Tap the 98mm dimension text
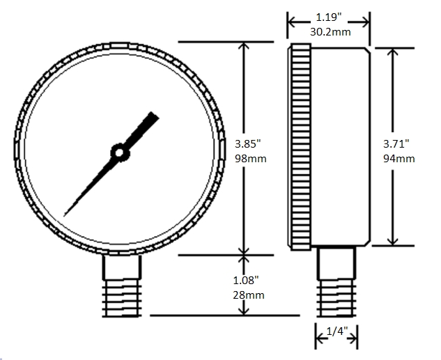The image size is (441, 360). pyautogui.click(x=251, y=158)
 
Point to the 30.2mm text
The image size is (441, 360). pyautogui.click(x=328, y=31)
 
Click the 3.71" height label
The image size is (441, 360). pyautogui.click(x=399, y=144)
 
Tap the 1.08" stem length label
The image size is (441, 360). pyautogui.click(x=247, y=281)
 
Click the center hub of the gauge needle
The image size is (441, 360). pyautogui.click(x=120, y=151)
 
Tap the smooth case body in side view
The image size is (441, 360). pyautogui.click(x=340, y=146)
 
